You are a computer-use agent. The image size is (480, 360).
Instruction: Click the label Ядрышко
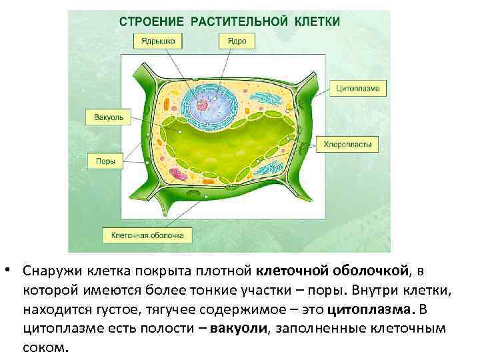[x=158, y=41]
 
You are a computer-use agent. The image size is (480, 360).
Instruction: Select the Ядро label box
[x=236, y=41]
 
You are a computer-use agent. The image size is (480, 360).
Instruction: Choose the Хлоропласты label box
[x=351, y=143]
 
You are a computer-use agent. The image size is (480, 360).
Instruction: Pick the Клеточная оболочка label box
[x=147, y=235]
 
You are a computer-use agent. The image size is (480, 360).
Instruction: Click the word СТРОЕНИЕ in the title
[x=151, y=21]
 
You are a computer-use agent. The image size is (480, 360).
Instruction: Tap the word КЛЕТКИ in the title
[x=316, y=21]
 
